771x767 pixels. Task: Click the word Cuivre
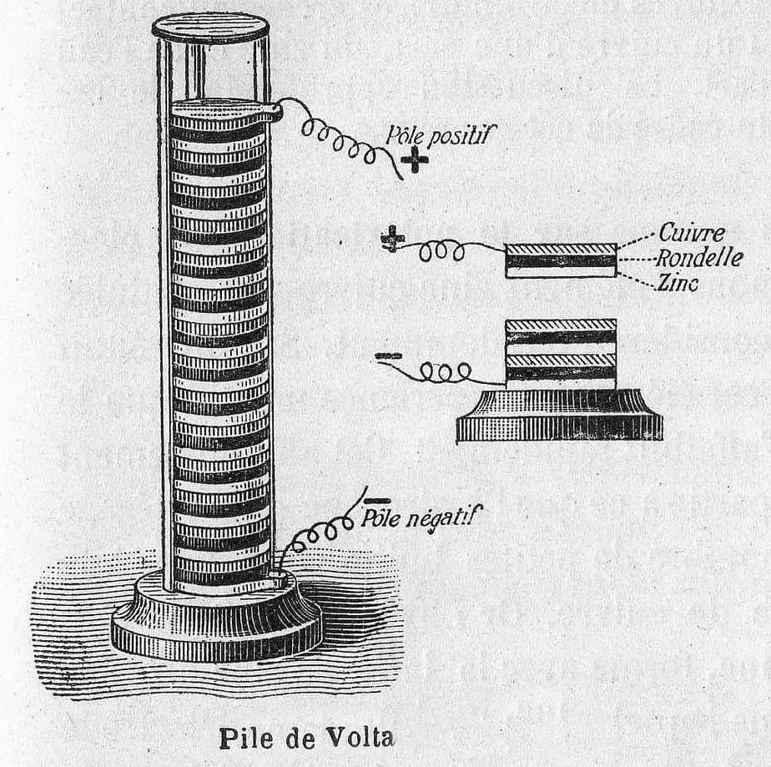[692, 232]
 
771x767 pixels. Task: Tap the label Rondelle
[700, 258]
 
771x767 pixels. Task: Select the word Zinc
[678, 284]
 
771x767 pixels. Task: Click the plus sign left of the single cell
[391, 239]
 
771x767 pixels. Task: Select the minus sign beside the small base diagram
[388, 356]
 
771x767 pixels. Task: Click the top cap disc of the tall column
[210, 26]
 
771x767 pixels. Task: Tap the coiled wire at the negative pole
[317, 534]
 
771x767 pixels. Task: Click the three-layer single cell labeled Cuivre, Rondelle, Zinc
[561, 260]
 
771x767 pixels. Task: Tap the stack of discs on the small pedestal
[561, 353]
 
